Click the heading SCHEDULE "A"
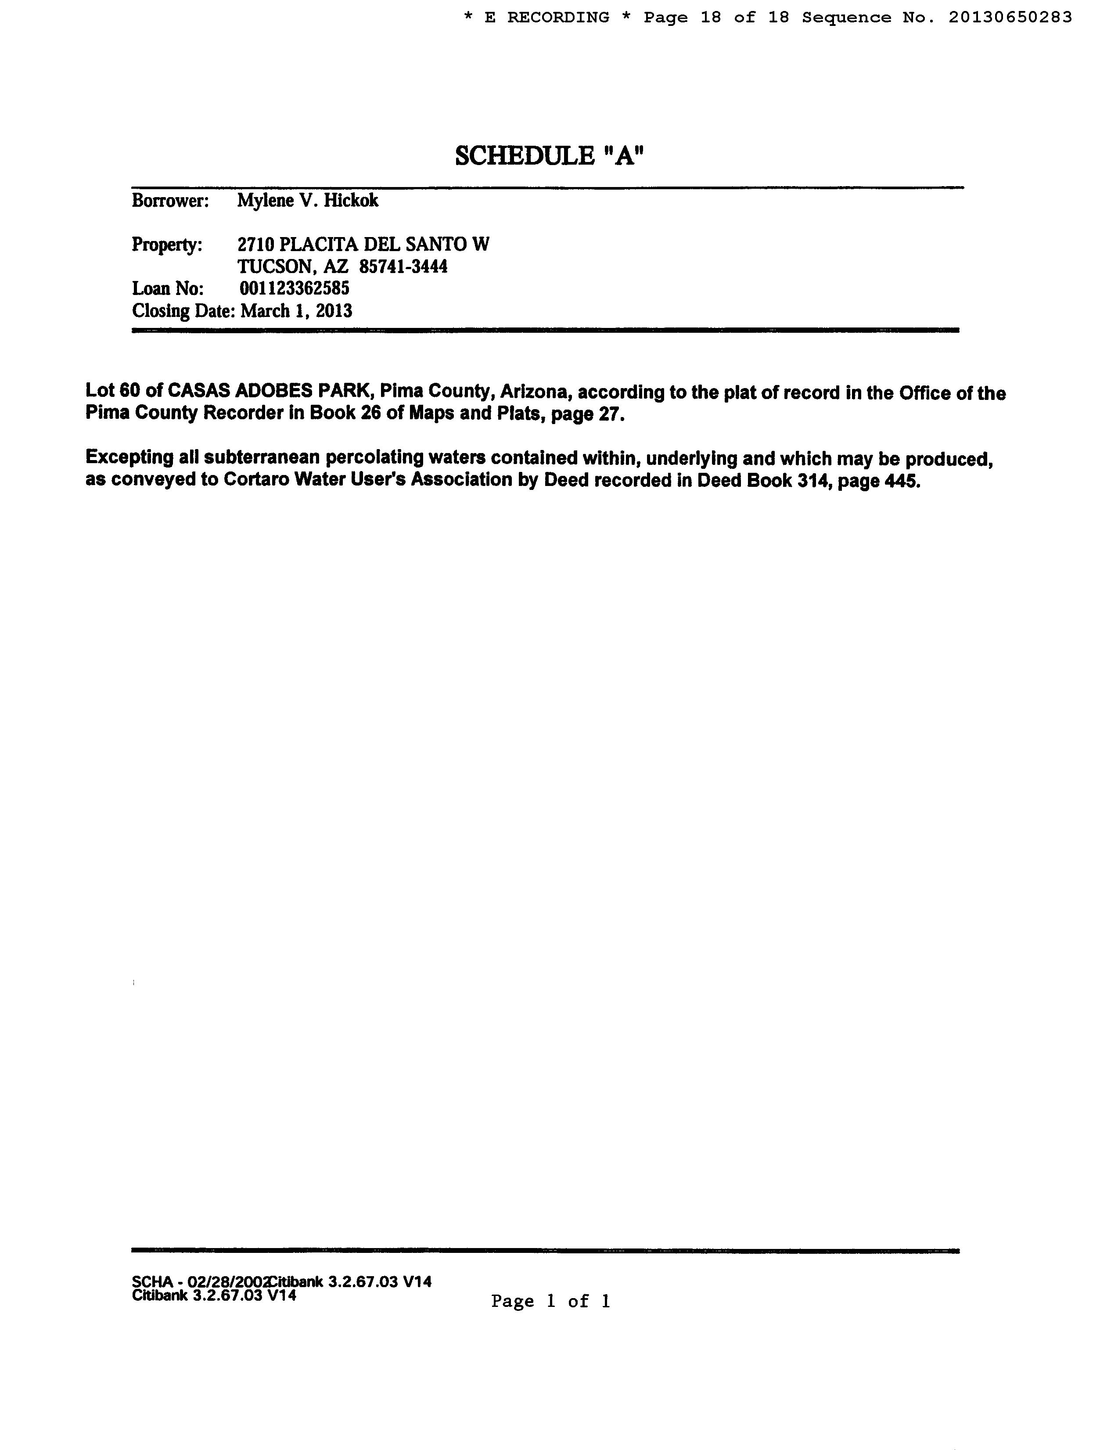coord(550,157)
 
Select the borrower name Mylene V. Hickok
coord(307,201)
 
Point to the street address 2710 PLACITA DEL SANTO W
coord(363,245)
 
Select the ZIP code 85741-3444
coord(403,267)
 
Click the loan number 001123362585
coord(294,289)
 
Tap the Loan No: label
coord(168,289)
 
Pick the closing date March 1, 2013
coord(296,311)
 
